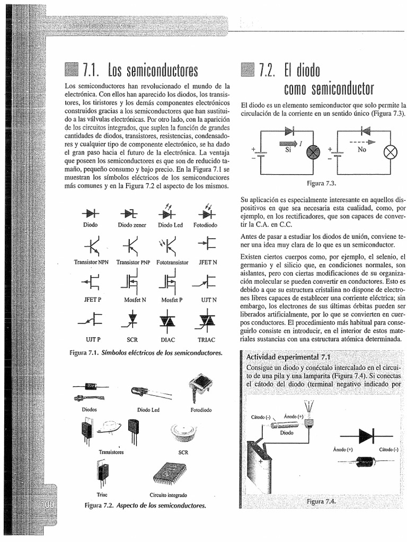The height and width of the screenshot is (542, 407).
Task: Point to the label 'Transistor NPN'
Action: (x=91, y=262)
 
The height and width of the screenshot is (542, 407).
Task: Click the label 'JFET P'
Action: (x=91, y=299)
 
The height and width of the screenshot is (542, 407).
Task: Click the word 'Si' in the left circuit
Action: (x=289, y=150)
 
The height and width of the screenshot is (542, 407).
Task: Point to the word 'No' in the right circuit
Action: (x=362, y=150)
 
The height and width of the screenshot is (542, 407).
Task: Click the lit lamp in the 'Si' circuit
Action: (x=315, y=152)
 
